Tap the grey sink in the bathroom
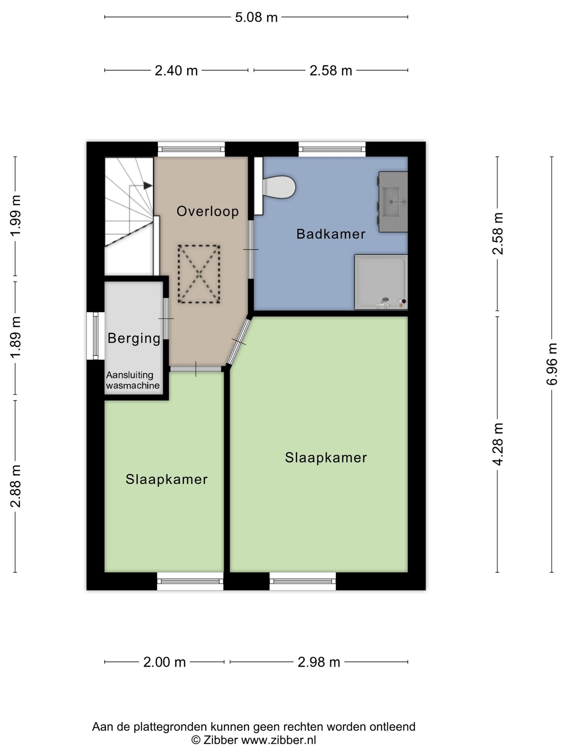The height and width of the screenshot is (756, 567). tap(393, 202)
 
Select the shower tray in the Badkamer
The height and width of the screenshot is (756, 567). tap(381, 282)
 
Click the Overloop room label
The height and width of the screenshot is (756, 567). tap(208, 211)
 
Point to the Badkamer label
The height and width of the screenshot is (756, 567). tap(331, 234)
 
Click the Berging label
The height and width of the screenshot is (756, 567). tap(134, 338)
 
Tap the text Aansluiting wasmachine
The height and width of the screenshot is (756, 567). tap(133, 380)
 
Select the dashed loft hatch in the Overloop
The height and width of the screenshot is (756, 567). tap(199, 274)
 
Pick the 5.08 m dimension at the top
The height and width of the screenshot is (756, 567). tap(256, 17)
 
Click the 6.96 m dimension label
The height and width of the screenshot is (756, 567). tap(552, 364)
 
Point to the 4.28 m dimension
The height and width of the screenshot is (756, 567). tap(498, 444)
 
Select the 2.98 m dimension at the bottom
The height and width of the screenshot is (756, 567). tap(319, 662)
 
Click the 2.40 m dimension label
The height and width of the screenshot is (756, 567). tap(176, 71)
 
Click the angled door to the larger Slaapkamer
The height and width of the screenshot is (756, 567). tap(239, 342)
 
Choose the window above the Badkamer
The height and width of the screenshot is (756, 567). tap(332, 149)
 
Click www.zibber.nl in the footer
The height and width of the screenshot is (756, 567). tap(279, 740)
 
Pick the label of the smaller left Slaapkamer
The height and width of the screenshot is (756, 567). tap(167, 479)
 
